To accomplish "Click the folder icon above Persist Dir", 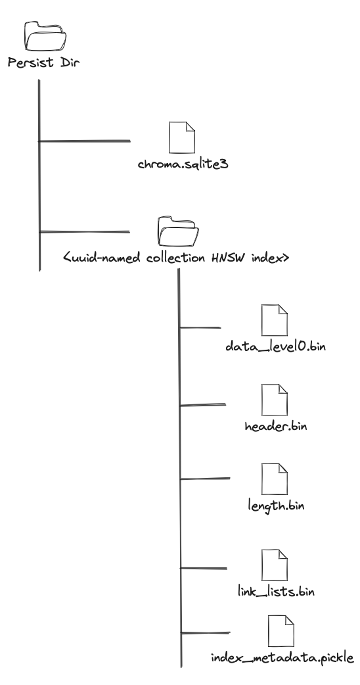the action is click(45, 36).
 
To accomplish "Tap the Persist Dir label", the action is click(43, 62).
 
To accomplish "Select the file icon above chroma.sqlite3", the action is click(182, 137).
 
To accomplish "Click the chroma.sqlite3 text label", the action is click(183, 164).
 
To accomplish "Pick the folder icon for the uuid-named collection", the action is click(178, 231).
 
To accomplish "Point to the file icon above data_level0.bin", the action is click(275, 320).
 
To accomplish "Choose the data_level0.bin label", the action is click(276, 346).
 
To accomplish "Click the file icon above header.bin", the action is click(275, 400).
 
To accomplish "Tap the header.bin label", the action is click(276, 426).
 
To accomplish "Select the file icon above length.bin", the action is click(275, 479).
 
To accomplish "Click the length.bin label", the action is click(276, 506).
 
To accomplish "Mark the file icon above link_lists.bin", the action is click(275, 565).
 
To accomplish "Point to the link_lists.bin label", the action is click(276, 592).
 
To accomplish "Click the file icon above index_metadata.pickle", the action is click(281, 631).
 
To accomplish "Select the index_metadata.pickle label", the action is click(282, 658).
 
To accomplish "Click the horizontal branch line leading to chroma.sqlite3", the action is click(85, 141).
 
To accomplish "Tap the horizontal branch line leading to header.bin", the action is click(203, 405).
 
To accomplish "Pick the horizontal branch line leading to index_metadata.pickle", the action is click(205, 632).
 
